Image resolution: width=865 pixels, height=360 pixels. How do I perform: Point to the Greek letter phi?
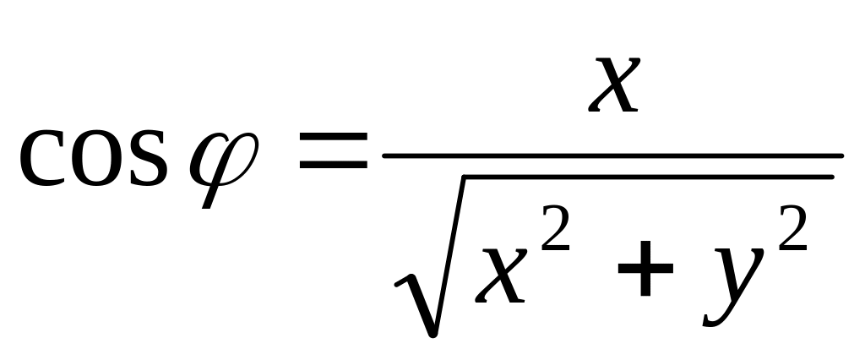click(x=226, y=161)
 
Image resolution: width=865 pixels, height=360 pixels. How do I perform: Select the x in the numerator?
click(x=612, y=86)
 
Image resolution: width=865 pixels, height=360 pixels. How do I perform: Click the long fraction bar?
click(x=612, y=155)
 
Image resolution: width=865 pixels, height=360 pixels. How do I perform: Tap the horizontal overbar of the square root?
click(x=646, y=176)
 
